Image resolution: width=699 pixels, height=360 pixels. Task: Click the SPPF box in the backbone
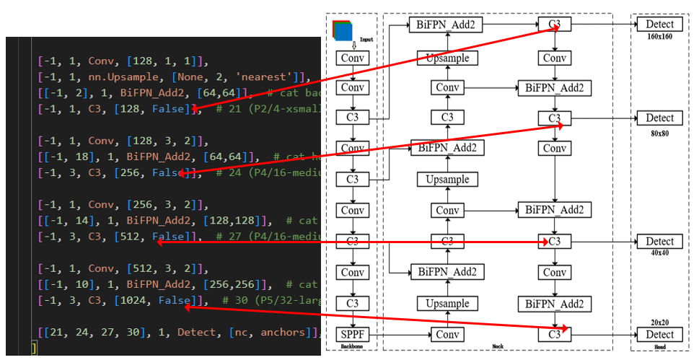click(x=352, y=334)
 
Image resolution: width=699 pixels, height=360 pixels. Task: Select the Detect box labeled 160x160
click(x=659, y=25)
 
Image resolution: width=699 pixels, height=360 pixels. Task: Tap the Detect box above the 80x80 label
click(x=659, y=118)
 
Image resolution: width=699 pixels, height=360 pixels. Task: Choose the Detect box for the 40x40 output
click(x=659, y=242)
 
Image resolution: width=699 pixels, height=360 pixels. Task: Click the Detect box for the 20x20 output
click(x=659, y=335)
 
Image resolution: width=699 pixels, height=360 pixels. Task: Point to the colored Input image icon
click(x=343, y=30)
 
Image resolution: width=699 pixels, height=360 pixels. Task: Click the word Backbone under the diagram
click(x=353, y=347)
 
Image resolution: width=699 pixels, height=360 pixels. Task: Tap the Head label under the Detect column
click(x=659, y=347)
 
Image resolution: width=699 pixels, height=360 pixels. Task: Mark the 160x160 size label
click(x=659, y=36)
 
